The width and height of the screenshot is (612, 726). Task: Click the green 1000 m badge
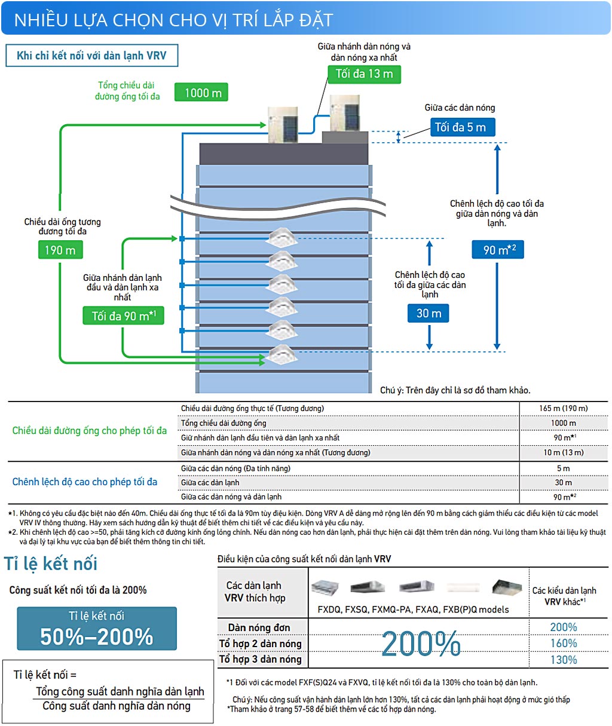pos(202,93)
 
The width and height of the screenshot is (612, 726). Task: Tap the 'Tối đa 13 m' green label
pos(364,74)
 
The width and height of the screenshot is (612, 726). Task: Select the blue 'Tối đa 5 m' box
pos(461,127)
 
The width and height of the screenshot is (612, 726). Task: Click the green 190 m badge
pos(60,250)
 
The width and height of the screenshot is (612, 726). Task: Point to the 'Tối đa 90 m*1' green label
pos(123,315)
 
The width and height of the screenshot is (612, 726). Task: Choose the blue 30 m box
pos(429,313)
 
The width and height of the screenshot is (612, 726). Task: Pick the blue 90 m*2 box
pos(497,250)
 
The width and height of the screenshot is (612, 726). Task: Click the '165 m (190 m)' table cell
pos(563,409)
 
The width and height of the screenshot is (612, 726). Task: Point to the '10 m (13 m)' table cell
pos(563,452)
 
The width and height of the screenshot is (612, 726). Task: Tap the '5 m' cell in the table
pos(563,468)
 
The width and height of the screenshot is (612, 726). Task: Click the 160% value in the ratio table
pos(563,644)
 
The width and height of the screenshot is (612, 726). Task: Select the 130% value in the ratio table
pos(563,660)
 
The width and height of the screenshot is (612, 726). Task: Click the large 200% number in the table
pos(421,644)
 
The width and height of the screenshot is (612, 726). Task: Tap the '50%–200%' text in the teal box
pos(97,637)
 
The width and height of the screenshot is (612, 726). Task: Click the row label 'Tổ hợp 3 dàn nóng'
pos(260,659)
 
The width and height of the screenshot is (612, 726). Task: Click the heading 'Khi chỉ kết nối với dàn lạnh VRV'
pos(91,56)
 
